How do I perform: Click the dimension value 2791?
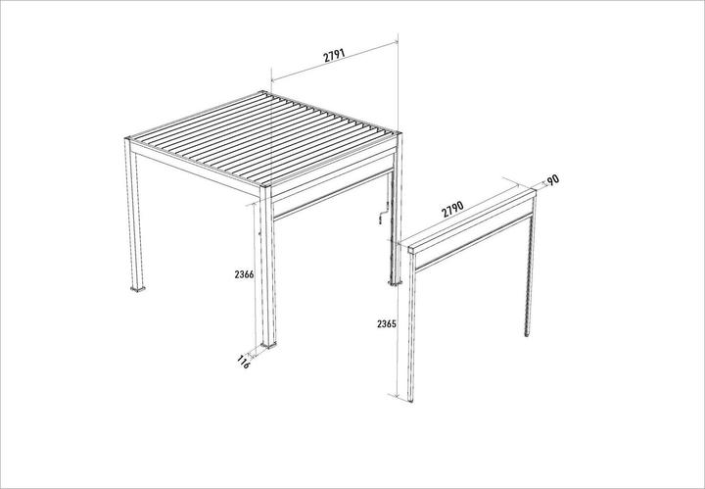tap(334, 55)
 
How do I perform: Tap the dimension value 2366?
tap(244, 274)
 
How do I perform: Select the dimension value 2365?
tap(387, 323)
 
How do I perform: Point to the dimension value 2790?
tap(452, 209)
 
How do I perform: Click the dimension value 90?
tap(553, 180)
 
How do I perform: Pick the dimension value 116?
tap(243, 362)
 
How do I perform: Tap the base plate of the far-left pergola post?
tap(138, 288)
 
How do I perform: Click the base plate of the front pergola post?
tap(269, 346)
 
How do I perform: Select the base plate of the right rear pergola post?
tap(396, 283)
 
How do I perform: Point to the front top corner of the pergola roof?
tap(264, 184)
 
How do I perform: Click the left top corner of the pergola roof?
tap(127, 138)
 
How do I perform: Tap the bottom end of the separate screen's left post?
tap(410, 401)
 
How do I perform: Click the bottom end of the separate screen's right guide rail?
tap(527, 335)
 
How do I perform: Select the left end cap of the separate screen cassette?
tap(412, 250)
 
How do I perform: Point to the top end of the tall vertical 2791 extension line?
tap(399, 33)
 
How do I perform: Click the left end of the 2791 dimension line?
tap(271, 81)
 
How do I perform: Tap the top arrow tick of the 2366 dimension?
tap(255, 203)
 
